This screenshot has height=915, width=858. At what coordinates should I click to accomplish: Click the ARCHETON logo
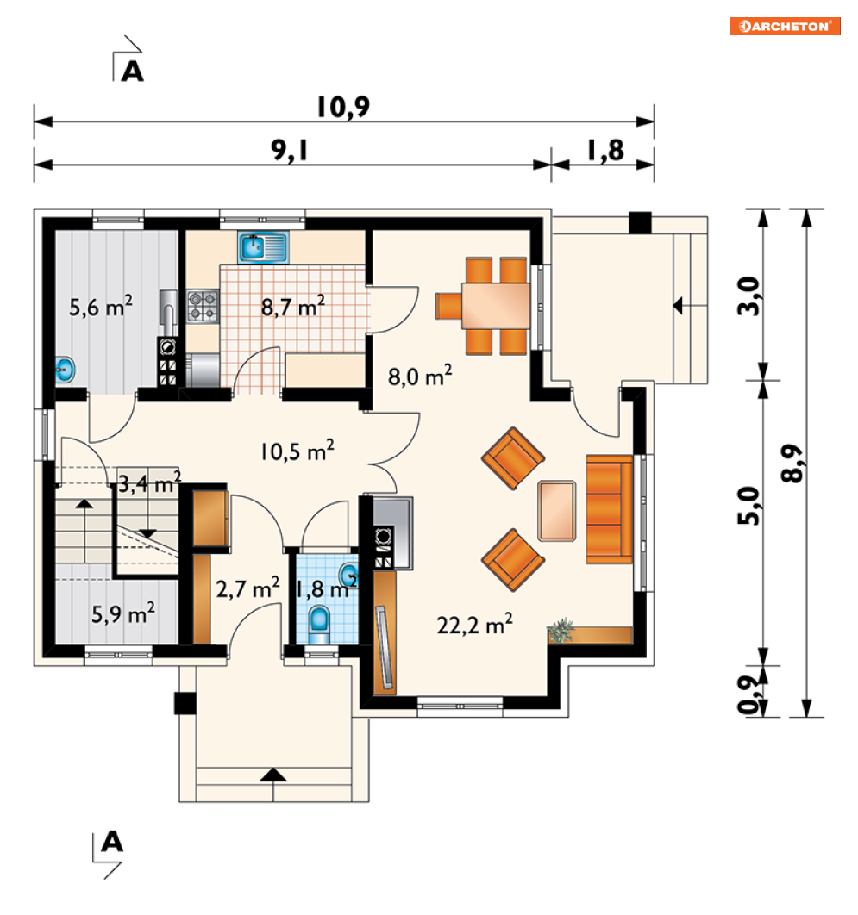point(785,26)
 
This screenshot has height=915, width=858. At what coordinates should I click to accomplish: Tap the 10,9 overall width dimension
point(343,108)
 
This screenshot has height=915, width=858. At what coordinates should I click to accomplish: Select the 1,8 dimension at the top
point(605,151)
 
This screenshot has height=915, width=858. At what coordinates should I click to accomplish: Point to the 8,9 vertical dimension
point(792,463)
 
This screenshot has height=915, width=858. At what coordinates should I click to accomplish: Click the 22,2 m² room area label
point(475,625)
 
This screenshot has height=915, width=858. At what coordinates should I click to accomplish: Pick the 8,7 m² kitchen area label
point(292,306)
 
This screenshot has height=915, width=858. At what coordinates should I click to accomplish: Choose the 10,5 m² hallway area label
point(297,451)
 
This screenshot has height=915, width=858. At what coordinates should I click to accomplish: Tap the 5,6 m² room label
point(101,306)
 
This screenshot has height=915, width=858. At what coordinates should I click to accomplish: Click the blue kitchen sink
point(263,246)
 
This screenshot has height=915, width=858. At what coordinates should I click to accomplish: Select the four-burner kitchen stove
point(203,307)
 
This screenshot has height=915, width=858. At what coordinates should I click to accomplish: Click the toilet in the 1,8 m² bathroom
point(319,621)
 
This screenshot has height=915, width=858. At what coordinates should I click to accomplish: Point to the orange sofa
point(609,509)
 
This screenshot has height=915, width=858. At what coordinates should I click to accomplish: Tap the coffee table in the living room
point(556,511)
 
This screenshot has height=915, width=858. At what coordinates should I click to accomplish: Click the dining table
point(496,305)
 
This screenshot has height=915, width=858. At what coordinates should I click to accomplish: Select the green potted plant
point(561,631)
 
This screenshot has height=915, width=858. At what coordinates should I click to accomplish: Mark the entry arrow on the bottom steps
point(272,776)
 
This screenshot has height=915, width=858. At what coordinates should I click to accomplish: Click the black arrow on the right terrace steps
point(679,305)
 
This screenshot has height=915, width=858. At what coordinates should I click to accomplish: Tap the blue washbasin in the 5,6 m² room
point(65,370)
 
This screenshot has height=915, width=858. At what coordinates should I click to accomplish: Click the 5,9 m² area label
point(123,613)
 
